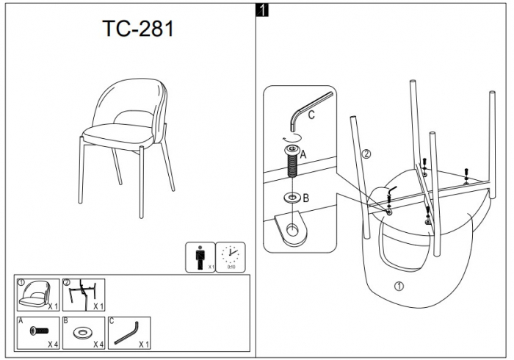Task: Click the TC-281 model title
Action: [138, 29]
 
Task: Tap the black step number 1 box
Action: [262, 10]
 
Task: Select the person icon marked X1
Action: [199, 256]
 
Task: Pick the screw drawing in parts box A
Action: [39, 331]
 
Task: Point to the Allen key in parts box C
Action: [126, 334]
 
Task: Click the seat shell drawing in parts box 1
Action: [34, 294]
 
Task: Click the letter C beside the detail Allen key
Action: [311, 115]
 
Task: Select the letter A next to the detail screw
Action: [303, 154]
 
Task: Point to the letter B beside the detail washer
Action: [305, 198]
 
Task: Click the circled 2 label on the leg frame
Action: [366, 154]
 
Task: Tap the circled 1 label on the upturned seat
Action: [399, 286]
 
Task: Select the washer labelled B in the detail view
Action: [292, 198]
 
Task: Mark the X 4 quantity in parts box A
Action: [53, 345]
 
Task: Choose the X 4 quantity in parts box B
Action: [98, 345]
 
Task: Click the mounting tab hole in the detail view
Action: [292, 230]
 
